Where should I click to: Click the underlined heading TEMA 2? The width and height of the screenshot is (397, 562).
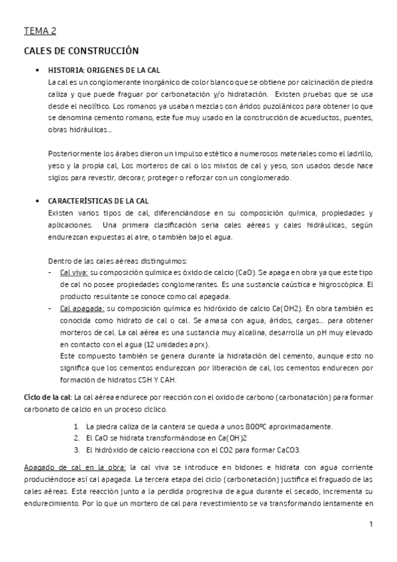tap(40, 30)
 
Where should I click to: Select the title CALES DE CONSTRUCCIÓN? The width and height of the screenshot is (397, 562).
tap(80, 50)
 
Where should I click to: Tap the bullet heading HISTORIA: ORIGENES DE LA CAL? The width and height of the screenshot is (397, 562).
tap(104, 70)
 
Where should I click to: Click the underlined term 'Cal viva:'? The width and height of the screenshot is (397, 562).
tap(74, 272)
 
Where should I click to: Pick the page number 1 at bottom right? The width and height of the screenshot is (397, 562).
tap(372, 524)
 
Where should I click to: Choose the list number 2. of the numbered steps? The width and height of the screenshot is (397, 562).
tap(78, 438)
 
